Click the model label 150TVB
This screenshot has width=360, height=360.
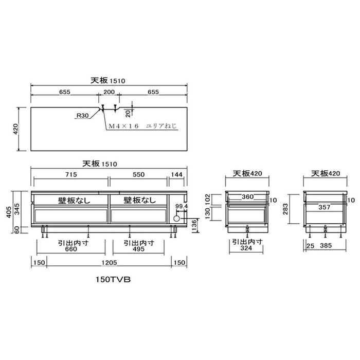tap(113, 279)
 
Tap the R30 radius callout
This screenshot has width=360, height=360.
tap(82, 116)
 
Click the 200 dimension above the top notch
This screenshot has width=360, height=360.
tap(109, 92)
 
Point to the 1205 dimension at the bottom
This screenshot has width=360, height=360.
tap(109, 262)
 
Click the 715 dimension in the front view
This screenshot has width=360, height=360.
tap(71, 174)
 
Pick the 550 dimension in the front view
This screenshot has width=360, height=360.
tap(139, 174)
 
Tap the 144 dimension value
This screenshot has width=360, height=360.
tap(176, 174)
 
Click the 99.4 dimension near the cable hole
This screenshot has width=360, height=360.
tap(182, 206)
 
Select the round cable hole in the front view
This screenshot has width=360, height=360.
tap(176, 219)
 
